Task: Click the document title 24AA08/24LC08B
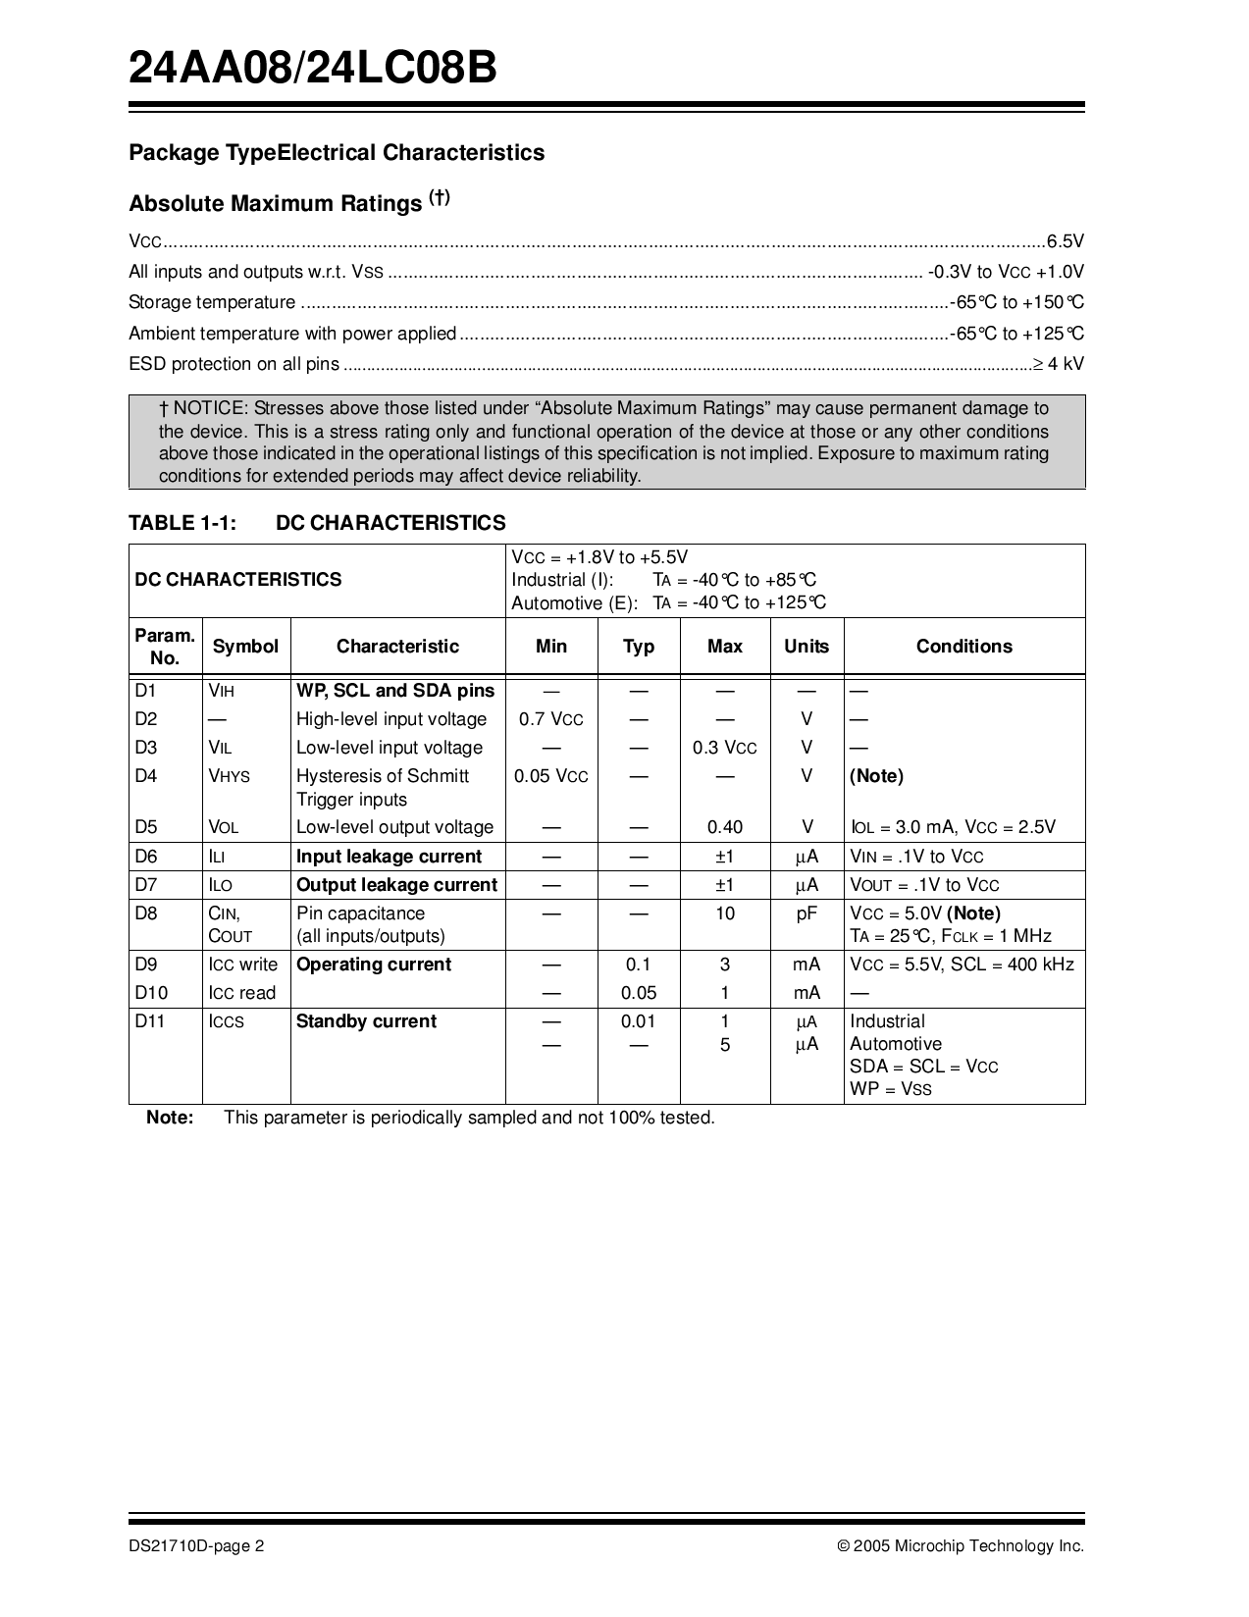tap(314, 70)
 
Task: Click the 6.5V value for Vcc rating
tap(1065, 241)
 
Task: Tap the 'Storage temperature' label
tap(212, 302)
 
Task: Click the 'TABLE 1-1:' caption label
tap(182, 523)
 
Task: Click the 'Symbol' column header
tap(245, 647)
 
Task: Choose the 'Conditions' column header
tap(963, 647)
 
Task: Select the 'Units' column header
tap(807, 647)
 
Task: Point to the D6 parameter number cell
tap(146, 857)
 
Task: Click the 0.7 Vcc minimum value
tap(550, 719)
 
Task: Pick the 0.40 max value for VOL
tap(724, 827)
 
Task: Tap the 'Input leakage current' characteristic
tap(390, 857)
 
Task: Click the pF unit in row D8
tap(807, 913)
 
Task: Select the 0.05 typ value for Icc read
tap(639, 993)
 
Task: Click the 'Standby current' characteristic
tap(366, 1021)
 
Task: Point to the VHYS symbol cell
tap(230, 776)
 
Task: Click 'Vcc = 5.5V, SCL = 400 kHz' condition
tap(962, 965)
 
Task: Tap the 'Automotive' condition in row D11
tap(896, 1044)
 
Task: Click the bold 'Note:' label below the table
tap(170, 1118)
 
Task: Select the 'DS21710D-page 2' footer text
tap(196, 1546)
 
